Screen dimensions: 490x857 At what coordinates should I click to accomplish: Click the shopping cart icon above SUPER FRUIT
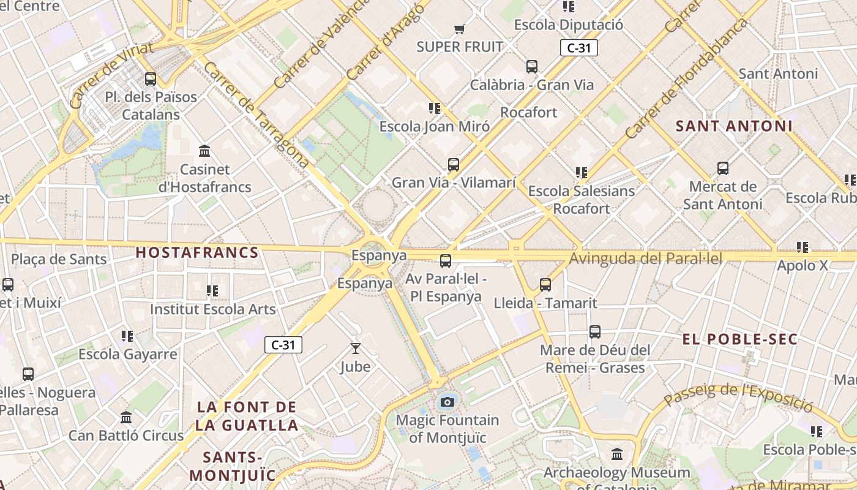tap(460, 29)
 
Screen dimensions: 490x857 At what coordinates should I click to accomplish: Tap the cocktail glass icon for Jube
tap(355, 349)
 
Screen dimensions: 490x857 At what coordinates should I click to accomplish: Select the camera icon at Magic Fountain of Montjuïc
tap(447, 402)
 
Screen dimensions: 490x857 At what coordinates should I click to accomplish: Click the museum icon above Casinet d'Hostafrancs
tap(204, 151)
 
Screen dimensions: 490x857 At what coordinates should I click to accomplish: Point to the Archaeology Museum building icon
tap(617, 454)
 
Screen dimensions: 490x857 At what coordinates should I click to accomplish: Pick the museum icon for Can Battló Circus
tap(126, 417)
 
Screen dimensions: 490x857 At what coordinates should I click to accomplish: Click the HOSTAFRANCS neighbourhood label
tap(196, 252)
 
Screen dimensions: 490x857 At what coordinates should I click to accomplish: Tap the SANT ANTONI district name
tap(734, 126)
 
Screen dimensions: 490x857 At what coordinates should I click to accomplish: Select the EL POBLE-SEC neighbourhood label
tap(740, 339)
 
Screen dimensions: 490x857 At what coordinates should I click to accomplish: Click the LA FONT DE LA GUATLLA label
tap(247, 416)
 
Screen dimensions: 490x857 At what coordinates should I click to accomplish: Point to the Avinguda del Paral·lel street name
tap(646, 258)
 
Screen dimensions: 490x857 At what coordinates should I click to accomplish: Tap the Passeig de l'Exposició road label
tap(738, 396)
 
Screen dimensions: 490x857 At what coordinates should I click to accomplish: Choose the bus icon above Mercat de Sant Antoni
tap(723, 168)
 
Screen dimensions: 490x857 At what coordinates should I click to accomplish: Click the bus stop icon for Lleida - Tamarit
tap(545, 284)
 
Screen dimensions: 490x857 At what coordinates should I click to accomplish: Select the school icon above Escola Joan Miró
tap(435, 108)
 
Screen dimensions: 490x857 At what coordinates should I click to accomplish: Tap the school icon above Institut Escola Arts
tap(212, 290)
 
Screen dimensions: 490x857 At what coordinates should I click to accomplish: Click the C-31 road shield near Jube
tap(283, 345)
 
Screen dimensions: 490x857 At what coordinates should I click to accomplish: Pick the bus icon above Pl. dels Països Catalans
tap(151, 78)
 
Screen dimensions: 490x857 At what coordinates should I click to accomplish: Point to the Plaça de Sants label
tap(59, 259)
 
